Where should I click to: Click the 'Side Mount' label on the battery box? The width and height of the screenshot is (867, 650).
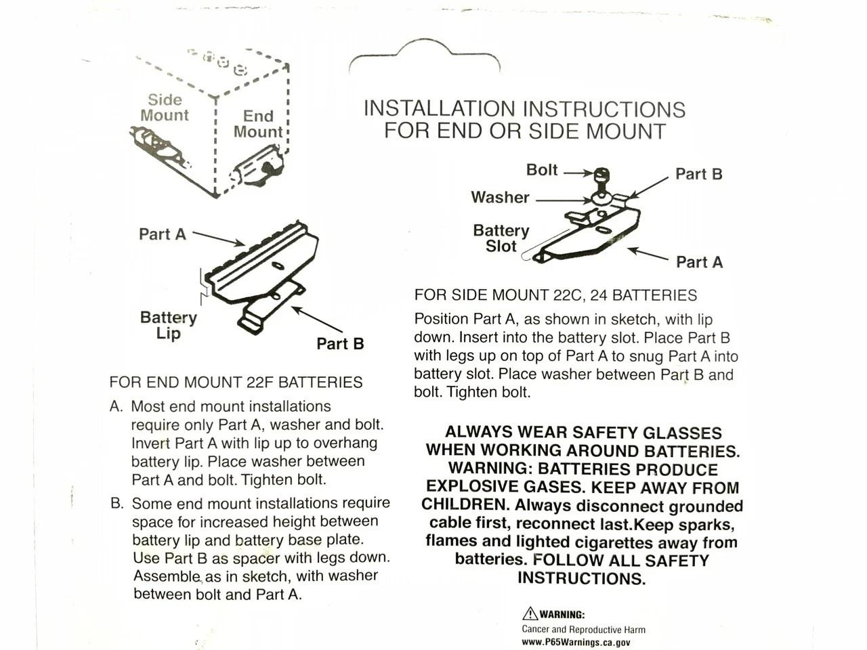[165, 108]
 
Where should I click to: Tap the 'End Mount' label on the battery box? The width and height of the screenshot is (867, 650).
[258, 124]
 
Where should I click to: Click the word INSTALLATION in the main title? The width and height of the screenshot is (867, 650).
[439, 109]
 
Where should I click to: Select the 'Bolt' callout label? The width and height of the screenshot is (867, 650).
[542, 170]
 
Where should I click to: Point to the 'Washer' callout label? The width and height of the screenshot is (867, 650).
[500, 198]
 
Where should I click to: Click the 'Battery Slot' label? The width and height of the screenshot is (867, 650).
[501, 238]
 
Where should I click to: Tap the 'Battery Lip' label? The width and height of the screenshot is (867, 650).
[168, 325]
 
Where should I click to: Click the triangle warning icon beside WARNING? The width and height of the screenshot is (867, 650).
[530, 614]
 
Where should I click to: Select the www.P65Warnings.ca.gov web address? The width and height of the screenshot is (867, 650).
[576, 643]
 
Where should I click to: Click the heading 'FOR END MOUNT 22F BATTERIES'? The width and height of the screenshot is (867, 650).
[236, 383]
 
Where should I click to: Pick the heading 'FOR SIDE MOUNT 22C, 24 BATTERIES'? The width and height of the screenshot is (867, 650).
[555, 295]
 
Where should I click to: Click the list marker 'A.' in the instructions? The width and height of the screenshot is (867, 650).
[117, 407]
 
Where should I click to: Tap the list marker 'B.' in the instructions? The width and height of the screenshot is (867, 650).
[117, 504]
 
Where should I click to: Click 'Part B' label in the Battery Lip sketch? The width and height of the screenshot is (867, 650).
[340, 344]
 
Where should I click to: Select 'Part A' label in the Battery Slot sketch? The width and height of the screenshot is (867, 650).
[699, 262]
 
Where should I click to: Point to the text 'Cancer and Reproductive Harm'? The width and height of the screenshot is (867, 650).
[583, 630]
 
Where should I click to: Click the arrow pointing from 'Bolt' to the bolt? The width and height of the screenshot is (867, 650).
[577, 173]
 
